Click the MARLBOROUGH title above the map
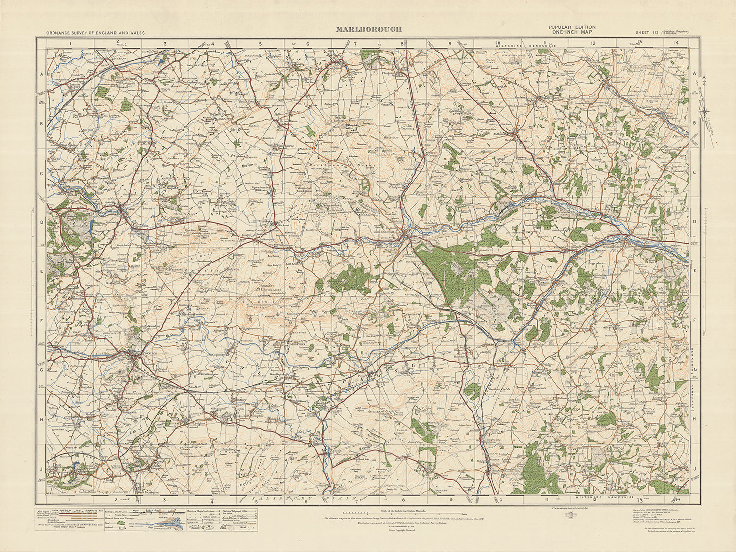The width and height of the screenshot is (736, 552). point(368,29)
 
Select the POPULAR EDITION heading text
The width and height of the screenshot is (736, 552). point(572,27)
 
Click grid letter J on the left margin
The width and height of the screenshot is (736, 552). point(42,469)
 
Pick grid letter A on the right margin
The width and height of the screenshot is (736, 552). point(694,74)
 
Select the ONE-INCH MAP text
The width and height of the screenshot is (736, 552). point(572,33)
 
